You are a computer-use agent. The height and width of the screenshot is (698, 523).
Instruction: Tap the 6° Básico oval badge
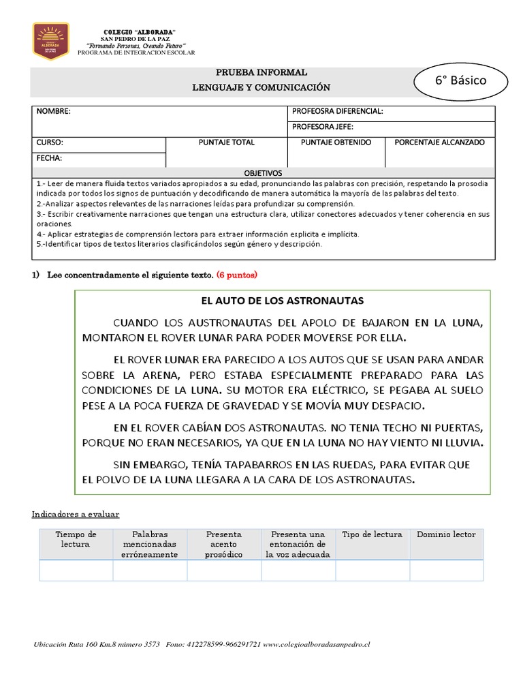pyautogui.click(x=460, y=80)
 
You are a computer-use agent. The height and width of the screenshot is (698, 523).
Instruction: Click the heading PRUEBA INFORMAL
pyautogui.click(x=261, y=72)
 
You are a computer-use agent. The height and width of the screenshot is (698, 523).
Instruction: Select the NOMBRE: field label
pyautogui.click(x=53, y=111)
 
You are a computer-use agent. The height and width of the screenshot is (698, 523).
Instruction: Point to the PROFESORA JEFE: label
pyautogui.click(x=322, y=127)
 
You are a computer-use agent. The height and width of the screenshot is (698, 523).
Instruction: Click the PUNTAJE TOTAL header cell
pyautogui.click(x=226, y=142)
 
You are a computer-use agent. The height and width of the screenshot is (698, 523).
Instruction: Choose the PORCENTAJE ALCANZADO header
pyautogui.click(x=440, y=142)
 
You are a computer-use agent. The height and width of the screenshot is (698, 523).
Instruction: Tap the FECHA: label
pyautogui.click(x=49, y=158)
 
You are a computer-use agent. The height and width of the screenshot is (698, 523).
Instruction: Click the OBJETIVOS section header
pyautogui.click(x=264, y=173)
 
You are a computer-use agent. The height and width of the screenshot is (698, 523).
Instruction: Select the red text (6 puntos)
pyautogui.click(x=237, y=275)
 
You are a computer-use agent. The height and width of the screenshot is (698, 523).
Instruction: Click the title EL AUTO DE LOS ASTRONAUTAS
pyautogui.click(x=282, y=301)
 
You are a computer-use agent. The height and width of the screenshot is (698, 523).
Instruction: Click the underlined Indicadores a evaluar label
pyautogui.click(x=76, y=514)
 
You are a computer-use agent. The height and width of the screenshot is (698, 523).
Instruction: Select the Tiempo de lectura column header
pyautogui.click(x=76, y=539)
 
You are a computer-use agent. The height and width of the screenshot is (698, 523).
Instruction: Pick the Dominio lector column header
pyautogui.click(x=446, y=534)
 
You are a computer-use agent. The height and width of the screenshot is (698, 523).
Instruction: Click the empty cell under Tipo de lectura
pyautogui.click(x=373, y=571)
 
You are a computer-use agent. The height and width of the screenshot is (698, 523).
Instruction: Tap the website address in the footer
pyautogui.click(x=315, y=644)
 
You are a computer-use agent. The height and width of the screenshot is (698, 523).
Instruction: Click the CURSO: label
pyautogui.click(x=50, y=142)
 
